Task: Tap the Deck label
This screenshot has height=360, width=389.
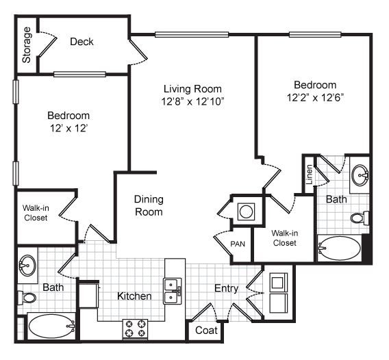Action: click(82, 42)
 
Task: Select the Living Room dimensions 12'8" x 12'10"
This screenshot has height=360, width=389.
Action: click(194, 101)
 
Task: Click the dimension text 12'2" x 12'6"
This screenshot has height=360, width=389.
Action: click(315, 97)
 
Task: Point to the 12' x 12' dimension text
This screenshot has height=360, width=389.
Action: click(68, 128)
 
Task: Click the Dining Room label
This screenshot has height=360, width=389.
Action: click(149, 205)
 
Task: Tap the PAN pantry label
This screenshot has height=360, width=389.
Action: click(238, 244)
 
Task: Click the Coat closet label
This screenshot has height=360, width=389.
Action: click(206, 330)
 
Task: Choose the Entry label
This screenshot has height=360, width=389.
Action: click(226, 288)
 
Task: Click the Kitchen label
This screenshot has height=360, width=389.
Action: click(134, 296)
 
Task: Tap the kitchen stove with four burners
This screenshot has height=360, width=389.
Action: click(136, 329)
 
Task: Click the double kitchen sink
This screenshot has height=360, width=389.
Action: click(171, 291)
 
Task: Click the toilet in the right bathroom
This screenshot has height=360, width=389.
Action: click(359, 218)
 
